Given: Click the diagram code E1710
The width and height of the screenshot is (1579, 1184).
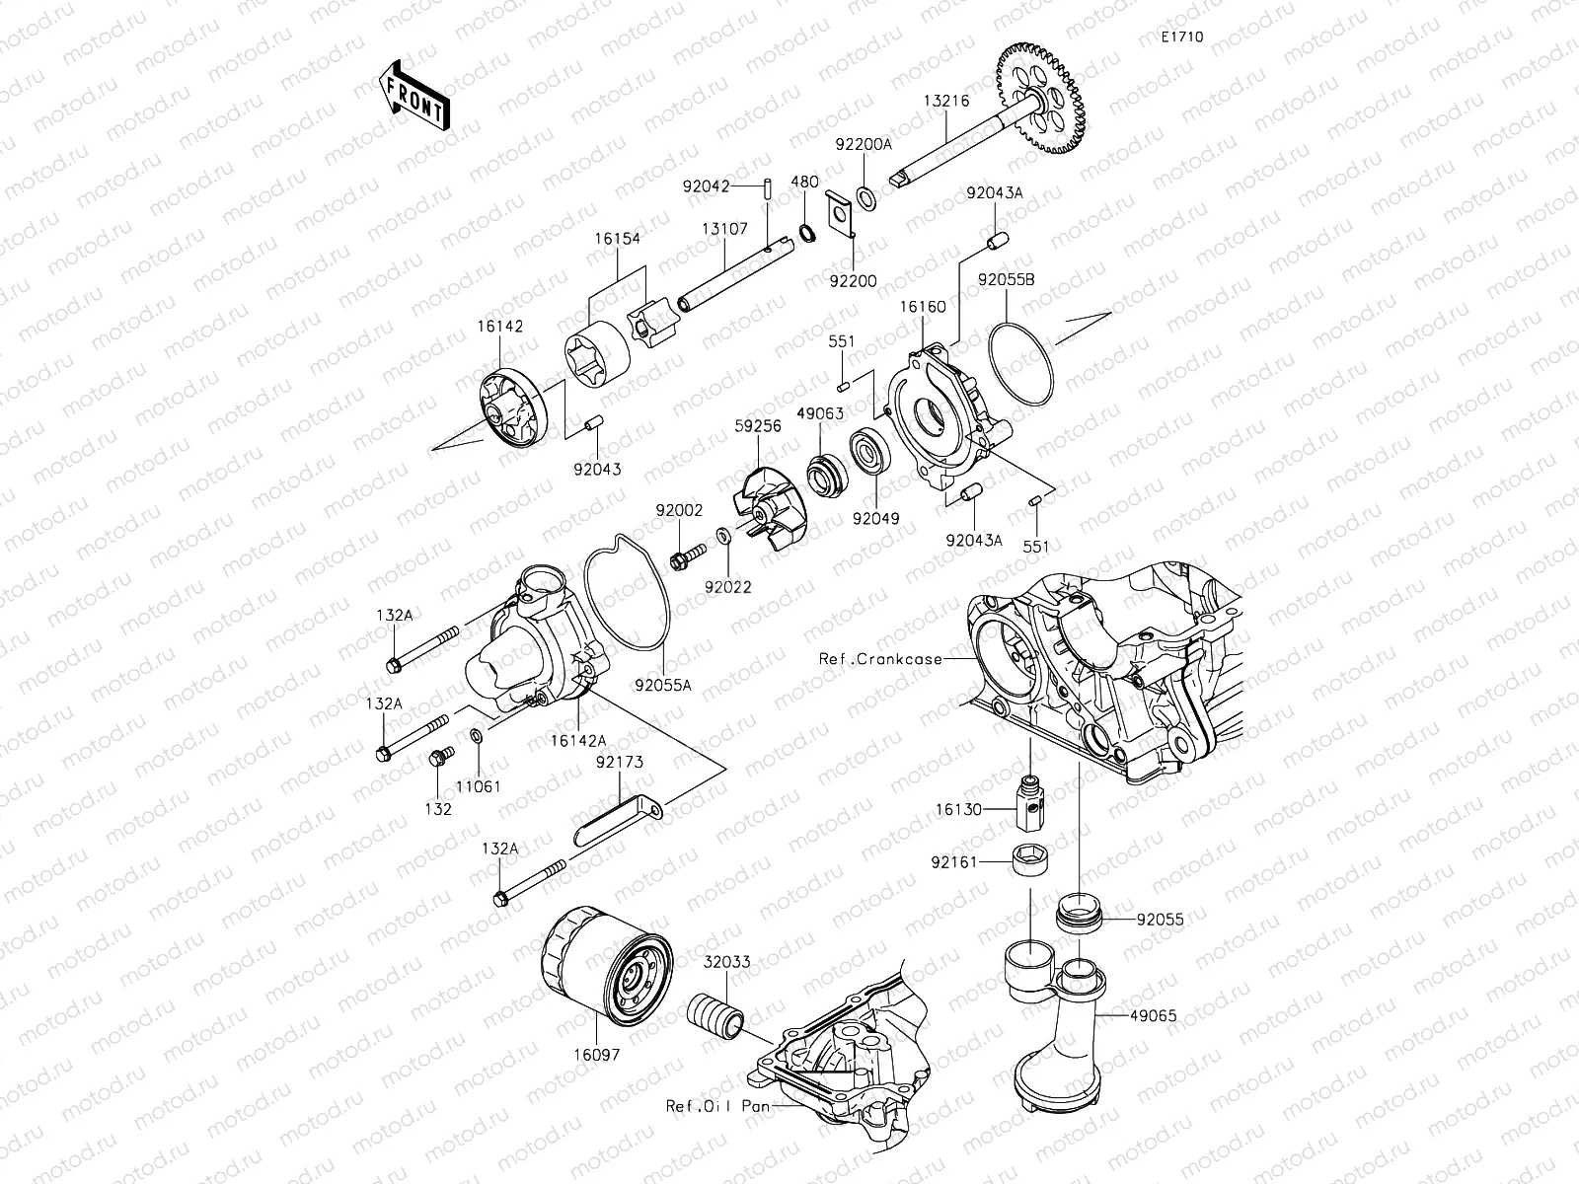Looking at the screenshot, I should [x=1181, y=37].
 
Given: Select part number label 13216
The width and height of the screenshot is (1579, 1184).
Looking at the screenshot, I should [x=945, y=101].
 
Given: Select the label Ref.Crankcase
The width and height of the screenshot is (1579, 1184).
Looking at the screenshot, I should [x=880, y=658].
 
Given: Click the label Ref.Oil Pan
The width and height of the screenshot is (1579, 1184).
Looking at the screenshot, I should [x=717, y=1107].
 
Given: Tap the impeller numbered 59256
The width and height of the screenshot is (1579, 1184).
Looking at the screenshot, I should [x=772, y=508].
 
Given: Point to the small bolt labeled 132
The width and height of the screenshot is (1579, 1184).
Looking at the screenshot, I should [x=439, y=758].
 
